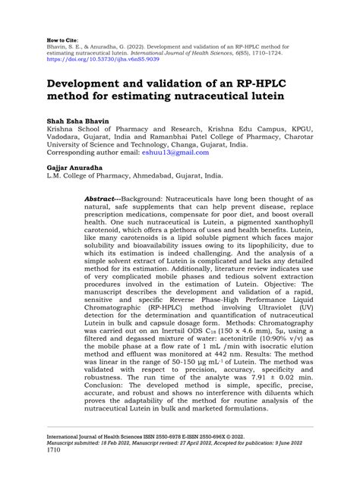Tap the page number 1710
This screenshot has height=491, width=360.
(55, 470)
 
